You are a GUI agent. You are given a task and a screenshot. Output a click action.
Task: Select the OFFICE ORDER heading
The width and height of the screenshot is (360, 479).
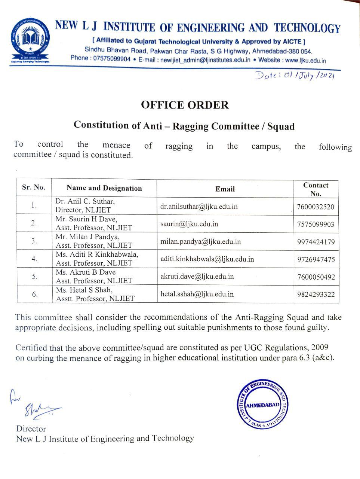(x=185, y=105)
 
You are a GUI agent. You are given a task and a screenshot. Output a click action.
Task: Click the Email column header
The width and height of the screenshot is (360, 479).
(x=225, y=189)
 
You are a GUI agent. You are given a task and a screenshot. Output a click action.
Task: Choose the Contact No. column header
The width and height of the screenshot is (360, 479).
(x=316, y=189)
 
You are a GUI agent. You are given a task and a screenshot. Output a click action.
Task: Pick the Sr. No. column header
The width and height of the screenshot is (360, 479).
(x=34, y=187)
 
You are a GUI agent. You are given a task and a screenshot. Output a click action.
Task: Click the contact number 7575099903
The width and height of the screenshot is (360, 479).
(x=316, y=225)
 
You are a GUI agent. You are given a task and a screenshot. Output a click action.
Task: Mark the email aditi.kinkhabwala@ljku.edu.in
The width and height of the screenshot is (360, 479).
(x=207, y=259)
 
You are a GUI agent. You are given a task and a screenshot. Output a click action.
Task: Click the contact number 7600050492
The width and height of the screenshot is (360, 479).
(x=316, y=277)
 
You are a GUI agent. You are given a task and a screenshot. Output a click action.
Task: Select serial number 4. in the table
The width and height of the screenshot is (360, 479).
(x=34, y=259)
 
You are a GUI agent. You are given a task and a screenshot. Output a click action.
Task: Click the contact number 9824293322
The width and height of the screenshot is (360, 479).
(x=316, y=295)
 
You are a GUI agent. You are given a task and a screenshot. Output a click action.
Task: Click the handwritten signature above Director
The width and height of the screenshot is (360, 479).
(x=37, y=406)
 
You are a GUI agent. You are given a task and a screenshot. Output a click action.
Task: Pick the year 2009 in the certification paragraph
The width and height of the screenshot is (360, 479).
(x=319, y=347)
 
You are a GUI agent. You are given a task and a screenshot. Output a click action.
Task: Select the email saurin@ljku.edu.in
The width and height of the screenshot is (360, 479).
(x=189, y=224)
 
